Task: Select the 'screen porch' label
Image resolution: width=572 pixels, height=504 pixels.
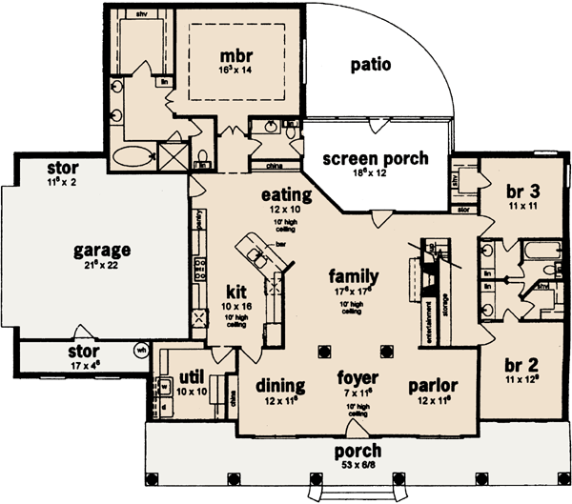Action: pos(374,158)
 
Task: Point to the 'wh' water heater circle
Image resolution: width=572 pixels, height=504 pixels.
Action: pos(142,348)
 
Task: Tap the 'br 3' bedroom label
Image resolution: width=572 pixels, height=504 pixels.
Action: pos(522,191)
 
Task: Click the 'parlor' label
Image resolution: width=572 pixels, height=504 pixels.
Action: pos(434,386)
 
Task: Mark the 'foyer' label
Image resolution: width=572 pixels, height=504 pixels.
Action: pos(358,376)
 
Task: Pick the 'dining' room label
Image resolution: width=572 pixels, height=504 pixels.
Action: pos(281,386)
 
